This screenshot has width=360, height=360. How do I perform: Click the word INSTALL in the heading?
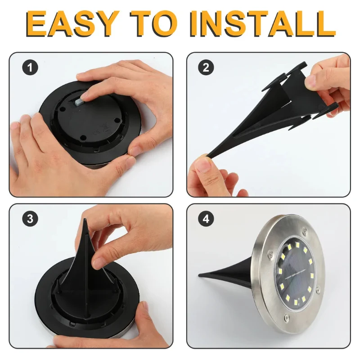click(x=262, y=23)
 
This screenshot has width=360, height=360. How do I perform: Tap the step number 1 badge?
click(x=30, y=67)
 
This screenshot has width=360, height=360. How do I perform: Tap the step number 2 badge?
click(x=206, y=67)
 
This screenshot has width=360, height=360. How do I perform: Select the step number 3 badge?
click(x=30, y=219)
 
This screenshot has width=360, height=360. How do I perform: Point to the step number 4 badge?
click(x=206, y=219)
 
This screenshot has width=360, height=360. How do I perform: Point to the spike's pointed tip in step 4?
click(x=200, y=274)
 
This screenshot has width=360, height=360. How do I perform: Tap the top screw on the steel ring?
click(x=305, y=231)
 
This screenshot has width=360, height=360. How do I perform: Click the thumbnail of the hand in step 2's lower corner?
click(x=203, y=165)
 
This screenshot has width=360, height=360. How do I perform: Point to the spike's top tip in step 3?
click(x=85, y=220)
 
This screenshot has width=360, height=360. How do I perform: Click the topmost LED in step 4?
click(x=297, y=244)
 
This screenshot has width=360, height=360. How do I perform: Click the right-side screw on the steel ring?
click(x=318, y=290)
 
